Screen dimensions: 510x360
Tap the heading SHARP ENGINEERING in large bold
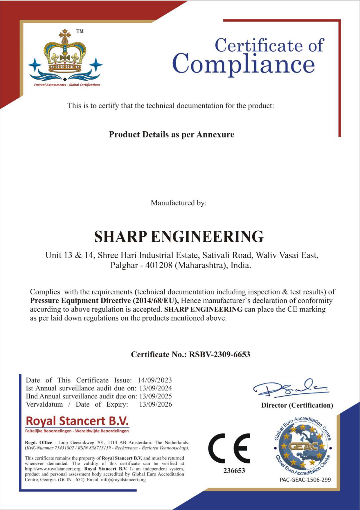coord(179,236)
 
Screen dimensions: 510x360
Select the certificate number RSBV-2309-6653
coord(219,354)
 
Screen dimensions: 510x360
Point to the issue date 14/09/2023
coord(155,380)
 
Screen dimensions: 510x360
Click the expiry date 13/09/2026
coord(155,404)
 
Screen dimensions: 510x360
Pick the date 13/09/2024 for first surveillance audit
coord(155,388)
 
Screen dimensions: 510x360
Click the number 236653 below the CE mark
coord(234,471)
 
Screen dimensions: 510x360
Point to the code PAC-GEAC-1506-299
coord(305,479)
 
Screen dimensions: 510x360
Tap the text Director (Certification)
coord(297,405)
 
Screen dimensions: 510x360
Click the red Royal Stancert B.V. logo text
coord(77,421)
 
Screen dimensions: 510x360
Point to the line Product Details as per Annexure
coord(171,135)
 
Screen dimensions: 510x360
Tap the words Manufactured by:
coord(179,203)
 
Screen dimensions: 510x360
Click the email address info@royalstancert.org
coord(123,479)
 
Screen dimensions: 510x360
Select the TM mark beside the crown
coord(80,31)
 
